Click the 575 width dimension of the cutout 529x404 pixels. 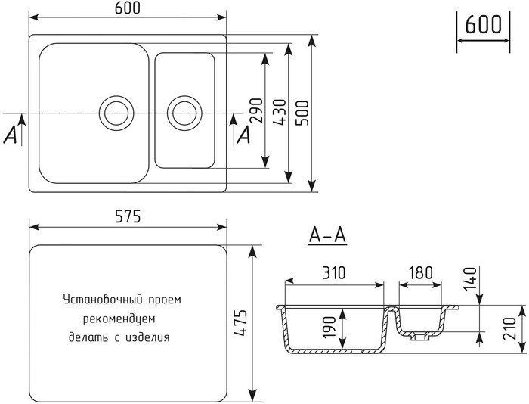(128, 216)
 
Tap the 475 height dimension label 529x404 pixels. (241, 322)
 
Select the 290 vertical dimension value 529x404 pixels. (256, 110)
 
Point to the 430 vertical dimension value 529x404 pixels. (280, 113)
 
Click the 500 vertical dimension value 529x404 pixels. (302, 113)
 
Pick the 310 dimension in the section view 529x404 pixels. (333, 273)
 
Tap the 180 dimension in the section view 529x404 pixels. (420, 273)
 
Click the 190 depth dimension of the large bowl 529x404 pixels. (329, 327)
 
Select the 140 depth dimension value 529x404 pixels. (470, 278)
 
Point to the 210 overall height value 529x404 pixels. (509, 328)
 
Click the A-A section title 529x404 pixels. (327, 235)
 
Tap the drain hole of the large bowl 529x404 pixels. (116, 113)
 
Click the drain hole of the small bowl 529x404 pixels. (184, 113)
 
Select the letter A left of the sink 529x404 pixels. (10, 135)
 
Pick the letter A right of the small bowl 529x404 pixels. (244, 135)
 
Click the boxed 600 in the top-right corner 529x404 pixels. (483, 24)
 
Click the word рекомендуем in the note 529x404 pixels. (119, 319)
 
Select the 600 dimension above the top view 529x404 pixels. (127, 8)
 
